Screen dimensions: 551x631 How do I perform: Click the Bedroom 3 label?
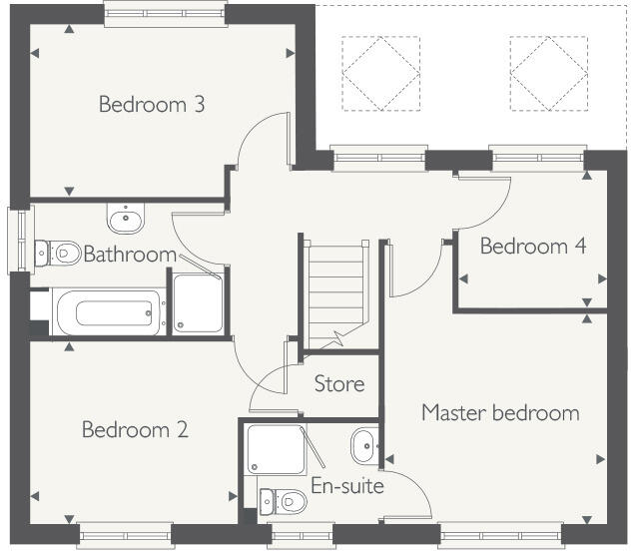click(152, 104)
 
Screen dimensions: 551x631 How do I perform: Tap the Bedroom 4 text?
click(532, 246)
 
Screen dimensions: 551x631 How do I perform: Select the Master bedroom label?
click(499, 412)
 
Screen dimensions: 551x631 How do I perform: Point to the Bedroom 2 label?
click(135, 430)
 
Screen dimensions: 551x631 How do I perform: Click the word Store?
click(339, 383)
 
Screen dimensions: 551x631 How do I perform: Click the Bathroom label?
click(130, 255)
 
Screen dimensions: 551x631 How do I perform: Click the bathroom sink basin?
click(125, 217)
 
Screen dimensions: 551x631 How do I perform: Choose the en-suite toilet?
click(285, 498)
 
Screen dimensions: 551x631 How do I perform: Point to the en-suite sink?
click(363, 446)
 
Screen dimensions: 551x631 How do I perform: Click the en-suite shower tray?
click(277, 452)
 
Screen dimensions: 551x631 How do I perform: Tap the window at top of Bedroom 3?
click(166, 13)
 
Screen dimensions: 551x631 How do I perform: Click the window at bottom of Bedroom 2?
click(112, 535)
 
